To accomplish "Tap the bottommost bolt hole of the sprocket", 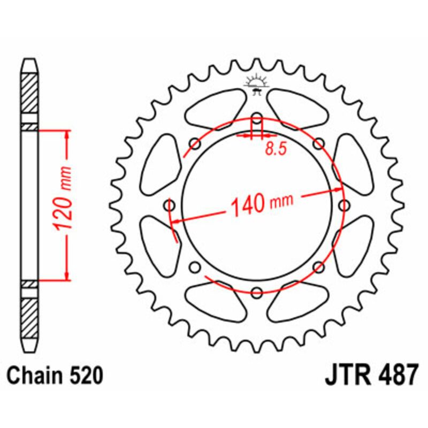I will (257, 292).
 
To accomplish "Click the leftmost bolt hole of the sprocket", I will (171, 205).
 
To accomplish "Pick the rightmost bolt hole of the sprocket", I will (344, 205).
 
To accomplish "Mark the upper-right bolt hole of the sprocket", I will (319, 143).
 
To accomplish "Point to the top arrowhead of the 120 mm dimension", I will (67, 134).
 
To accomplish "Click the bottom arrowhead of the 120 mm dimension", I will (67, 275).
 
